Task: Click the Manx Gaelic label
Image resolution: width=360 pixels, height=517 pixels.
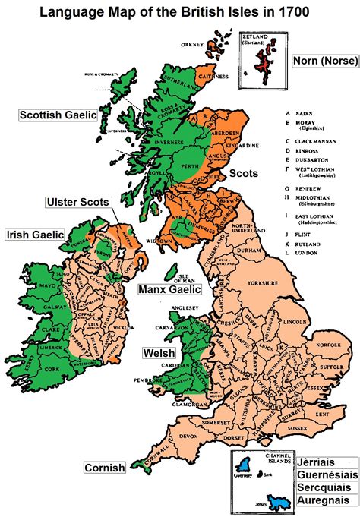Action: point(169,289)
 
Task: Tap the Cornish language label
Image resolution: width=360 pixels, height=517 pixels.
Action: point(105,468)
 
